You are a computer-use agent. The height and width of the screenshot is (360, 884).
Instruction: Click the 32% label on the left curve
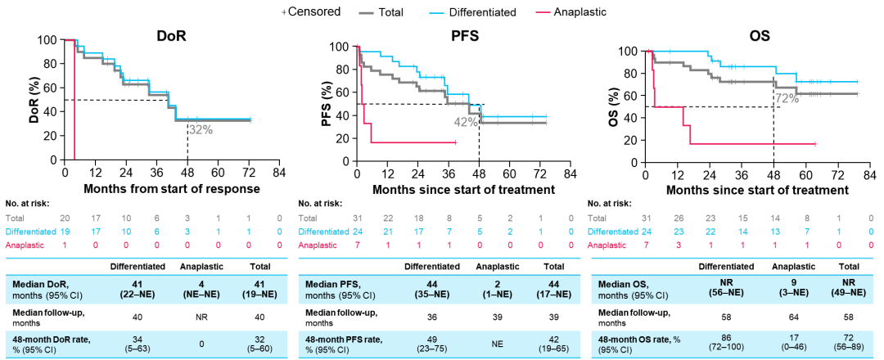[x=201, y=129]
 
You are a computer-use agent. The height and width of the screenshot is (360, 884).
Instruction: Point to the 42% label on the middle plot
[x=465, y=122]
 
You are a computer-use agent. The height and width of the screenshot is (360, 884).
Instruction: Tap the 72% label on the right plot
[x=787, y=99]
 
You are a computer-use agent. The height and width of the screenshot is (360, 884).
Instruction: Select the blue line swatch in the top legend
[x=436, y=13]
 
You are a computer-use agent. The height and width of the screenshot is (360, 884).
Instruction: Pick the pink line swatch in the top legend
[x=543, y=13]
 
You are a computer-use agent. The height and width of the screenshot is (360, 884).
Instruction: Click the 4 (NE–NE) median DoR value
[x=201, y=289]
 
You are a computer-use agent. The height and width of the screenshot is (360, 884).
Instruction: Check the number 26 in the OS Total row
[x=679, y=218]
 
